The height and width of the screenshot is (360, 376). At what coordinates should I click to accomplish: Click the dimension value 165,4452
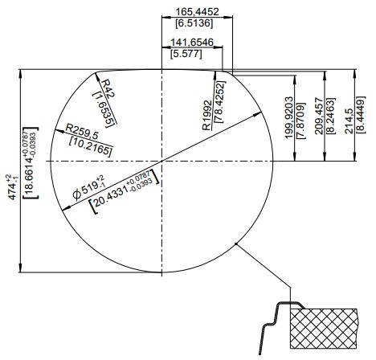pos(197,12)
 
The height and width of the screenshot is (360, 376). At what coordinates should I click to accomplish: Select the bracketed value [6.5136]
pos(194,23)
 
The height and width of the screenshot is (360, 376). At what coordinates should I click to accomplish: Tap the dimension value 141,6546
pos(192,43)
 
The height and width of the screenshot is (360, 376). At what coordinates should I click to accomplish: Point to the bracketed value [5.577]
pos(186,54)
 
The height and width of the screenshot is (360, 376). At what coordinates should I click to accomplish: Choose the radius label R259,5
pos(82,132)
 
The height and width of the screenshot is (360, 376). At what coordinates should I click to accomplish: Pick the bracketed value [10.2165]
pos(90,147)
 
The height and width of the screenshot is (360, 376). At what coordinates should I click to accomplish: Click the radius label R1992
pos(206,116)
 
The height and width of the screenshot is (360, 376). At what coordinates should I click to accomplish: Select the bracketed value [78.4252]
pos(220,101)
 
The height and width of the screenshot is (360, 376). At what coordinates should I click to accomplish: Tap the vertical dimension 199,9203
pos(289,117)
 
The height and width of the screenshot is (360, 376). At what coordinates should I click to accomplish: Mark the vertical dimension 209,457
pos(319,116)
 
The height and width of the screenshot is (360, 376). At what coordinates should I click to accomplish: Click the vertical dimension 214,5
pos(349,121)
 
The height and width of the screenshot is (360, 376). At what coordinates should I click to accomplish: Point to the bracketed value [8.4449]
pos(361,114)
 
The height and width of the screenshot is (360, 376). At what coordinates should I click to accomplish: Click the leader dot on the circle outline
pos(236,243)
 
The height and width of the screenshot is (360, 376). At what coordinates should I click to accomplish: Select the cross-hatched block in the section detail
pos(324,329)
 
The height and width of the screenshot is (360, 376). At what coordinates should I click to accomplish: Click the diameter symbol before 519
pos(76,194)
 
